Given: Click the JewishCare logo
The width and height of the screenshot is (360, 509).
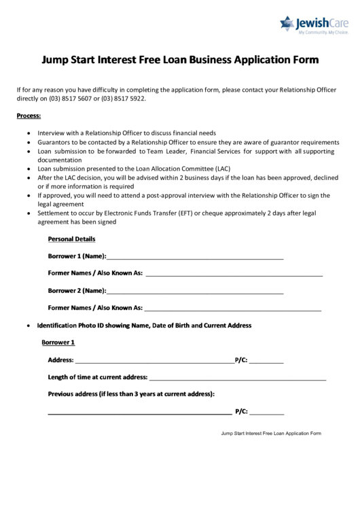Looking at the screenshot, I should pos(316,25).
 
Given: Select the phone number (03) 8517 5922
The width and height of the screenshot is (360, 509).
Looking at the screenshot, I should pos(123,98).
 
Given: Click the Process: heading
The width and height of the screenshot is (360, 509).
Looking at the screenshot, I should pos(29,116).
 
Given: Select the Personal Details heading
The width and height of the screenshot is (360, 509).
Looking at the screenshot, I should pos(71,239).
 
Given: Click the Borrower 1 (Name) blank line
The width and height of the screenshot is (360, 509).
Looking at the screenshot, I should pos(195,257).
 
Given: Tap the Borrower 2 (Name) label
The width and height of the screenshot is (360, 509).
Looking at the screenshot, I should pos(77,291).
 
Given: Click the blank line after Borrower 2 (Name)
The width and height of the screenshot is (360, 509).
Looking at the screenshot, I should pos(195,292).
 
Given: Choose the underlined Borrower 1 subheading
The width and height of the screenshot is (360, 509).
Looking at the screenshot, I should pos(58,343).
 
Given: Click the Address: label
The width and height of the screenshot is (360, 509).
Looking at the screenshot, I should pos(60,360).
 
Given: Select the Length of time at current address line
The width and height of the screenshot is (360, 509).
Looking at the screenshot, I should pos(238,377).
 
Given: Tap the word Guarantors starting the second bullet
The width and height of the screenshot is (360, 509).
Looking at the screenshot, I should pos(54,142).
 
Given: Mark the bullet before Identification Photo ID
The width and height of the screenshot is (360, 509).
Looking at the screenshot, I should pos(27,326).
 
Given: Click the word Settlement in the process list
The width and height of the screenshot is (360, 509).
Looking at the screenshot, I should pos(54,213).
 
